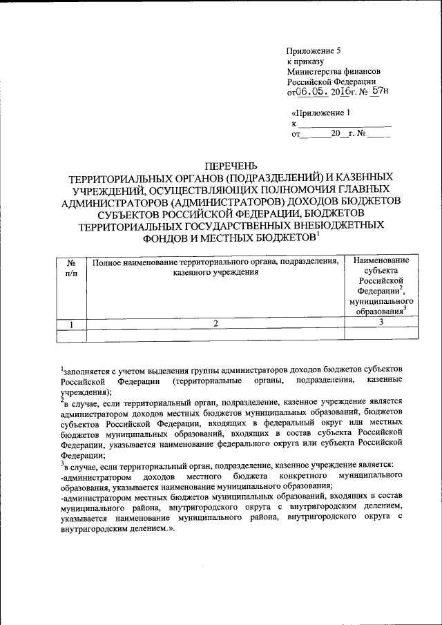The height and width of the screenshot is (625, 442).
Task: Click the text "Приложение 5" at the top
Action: point(314,51)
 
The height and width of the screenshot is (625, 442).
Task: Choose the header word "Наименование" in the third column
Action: point(381,260)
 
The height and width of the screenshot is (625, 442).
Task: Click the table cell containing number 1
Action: point(71,323)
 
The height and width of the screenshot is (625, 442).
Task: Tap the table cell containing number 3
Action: point(381,323)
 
